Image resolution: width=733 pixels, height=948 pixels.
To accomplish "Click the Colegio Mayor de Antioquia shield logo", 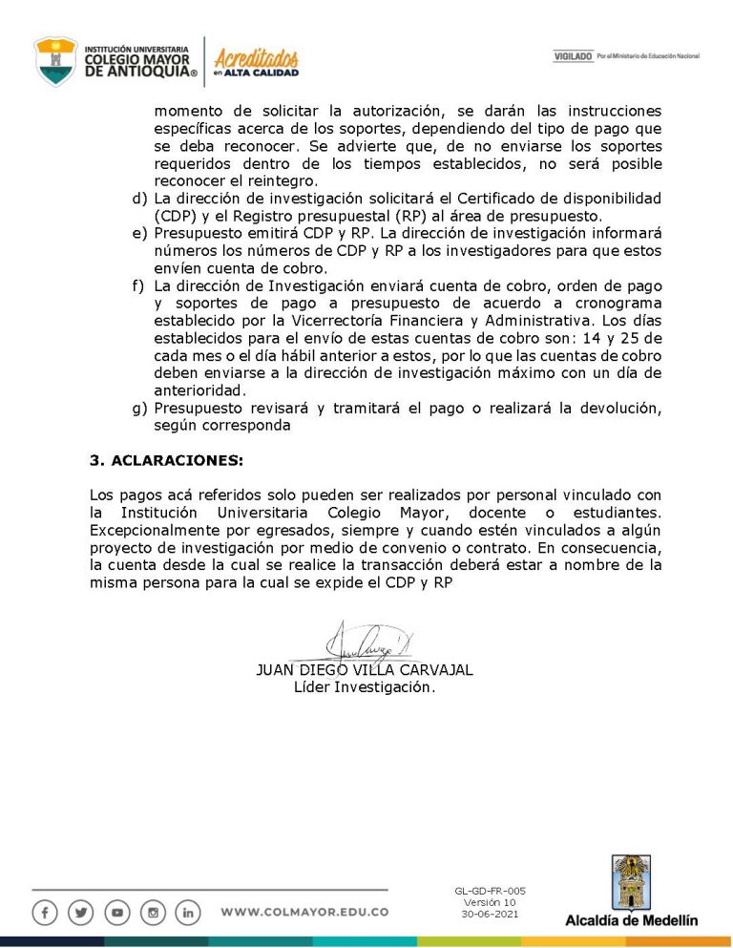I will (x=56, y=60).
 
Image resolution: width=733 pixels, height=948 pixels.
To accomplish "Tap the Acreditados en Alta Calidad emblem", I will (x=256, y=62).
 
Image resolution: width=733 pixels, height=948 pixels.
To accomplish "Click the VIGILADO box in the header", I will (x=573, y=56).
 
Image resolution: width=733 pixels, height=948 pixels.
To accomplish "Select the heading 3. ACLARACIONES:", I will (x=166, y=460).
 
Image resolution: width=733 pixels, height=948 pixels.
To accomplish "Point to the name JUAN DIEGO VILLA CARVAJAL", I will (x=365, y=670).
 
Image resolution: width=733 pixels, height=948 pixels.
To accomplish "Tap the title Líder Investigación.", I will (x=365, y=686).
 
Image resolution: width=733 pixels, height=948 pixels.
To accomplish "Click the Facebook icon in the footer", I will (x=45, y=913).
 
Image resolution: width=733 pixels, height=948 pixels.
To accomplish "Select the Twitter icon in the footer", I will (x=81, y=913).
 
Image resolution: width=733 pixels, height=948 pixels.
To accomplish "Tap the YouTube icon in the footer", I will (x=116, y=913).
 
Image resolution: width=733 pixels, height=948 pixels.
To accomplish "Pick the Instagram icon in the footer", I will (x=153, y=913).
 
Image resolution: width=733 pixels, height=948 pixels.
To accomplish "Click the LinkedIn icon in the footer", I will (x=189, y=913).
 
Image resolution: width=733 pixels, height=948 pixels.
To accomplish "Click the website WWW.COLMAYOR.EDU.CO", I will (x=304, y=913).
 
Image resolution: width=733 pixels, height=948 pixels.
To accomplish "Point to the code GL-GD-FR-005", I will (x=490, y=891).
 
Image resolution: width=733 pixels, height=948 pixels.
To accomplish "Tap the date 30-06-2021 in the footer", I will (x=490, y=914).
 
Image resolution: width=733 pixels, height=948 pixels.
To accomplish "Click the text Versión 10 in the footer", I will (x=490, y=902).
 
